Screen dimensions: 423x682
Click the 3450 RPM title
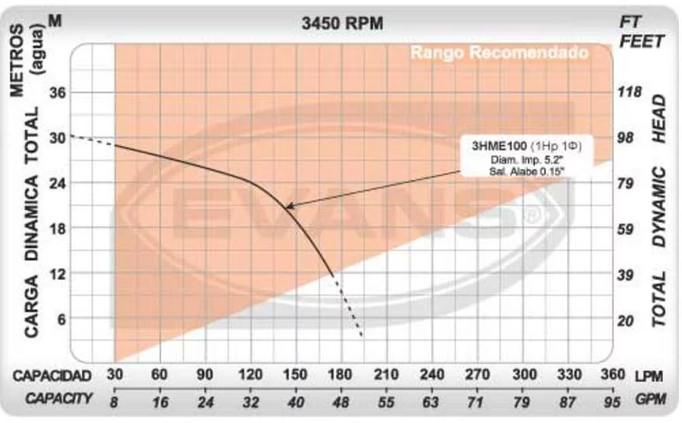(342, 23)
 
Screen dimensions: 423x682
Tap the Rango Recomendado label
(499, 54)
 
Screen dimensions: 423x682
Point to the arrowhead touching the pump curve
(289, 206)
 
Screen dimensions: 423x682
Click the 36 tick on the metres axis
(58, 92)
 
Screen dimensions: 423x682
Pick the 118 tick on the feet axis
(630, 92)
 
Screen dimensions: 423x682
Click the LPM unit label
(649, 376)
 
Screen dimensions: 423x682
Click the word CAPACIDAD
(52, 376)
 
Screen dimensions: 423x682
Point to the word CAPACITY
(59, 399)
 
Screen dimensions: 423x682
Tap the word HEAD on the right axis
(659, 118)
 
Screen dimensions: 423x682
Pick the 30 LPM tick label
(115, 374)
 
